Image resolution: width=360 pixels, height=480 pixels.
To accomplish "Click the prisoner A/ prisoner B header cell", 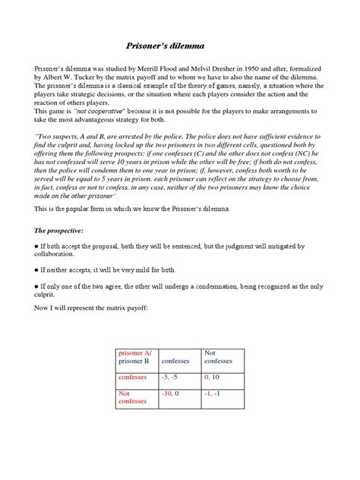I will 135,357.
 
